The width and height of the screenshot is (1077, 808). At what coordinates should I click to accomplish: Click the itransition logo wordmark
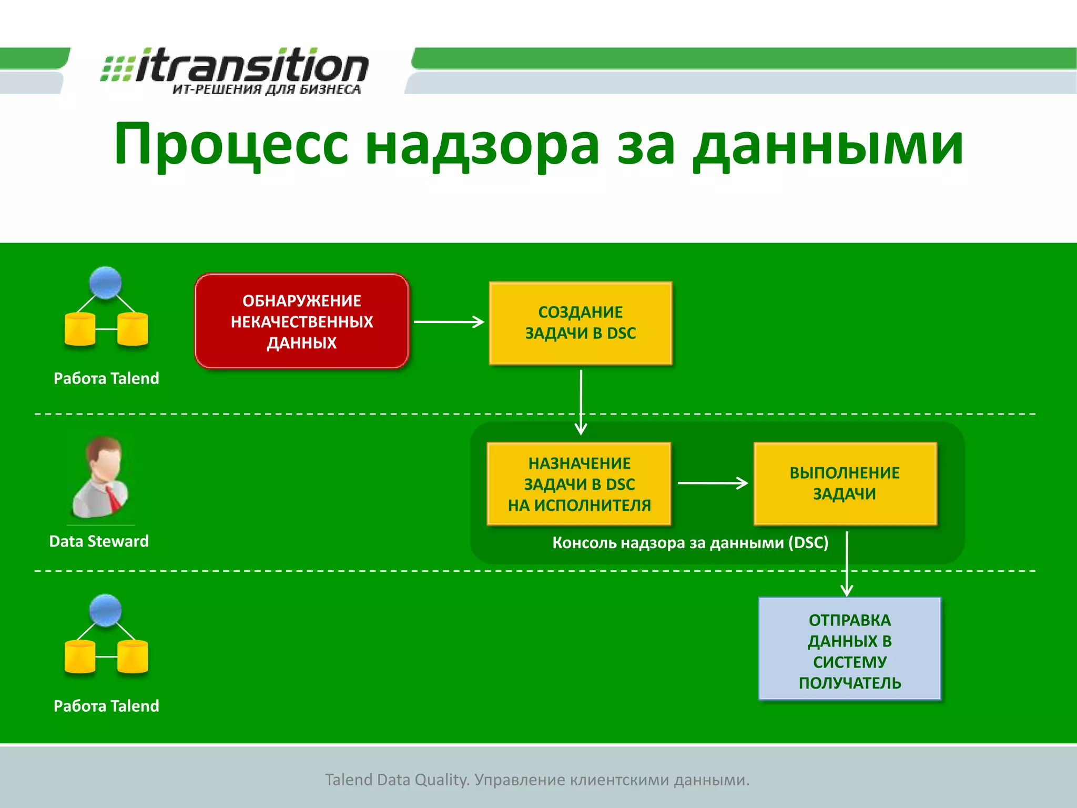click(x=251, y=66)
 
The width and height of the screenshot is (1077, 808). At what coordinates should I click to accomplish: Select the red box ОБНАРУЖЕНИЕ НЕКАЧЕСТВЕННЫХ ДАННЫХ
click(x=302, y=321)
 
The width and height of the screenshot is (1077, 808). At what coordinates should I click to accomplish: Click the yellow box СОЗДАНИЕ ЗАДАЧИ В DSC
click(x=581, y=323)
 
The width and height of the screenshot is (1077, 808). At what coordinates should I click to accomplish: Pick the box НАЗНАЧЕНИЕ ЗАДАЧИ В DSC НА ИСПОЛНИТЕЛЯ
click(x=579, y=484)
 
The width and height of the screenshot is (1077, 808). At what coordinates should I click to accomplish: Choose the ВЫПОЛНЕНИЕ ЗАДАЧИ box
click(x=845, y=483)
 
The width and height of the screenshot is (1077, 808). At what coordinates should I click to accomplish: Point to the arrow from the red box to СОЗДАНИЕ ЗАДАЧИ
click(x=449, y=322)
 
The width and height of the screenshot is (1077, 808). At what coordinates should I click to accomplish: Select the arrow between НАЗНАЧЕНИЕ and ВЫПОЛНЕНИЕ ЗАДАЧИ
click(x=712, y=483)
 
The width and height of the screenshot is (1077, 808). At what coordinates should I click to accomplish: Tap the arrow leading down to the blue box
click(x=847, y=563)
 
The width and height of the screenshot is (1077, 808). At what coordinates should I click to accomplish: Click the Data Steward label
click(x=99, y=541)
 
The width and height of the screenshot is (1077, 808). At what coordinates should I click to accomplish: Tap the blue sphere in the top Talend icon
click(x=105, y=282)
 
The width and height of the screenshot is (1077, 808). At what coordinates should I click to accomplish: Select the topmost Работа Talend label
click(x=106, y=378)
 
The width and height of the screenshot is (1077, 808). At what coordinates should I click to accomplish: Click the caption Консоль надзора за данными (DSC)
click(x=690, y=542)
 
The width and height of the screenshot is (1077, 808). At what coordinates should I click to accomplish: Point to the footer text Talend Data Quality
click(x=397, y=779)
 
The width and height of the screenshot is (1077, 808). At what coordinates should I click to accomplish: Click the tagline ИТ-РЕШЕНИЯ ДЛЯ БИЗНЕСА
click(x=267, y=89)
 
